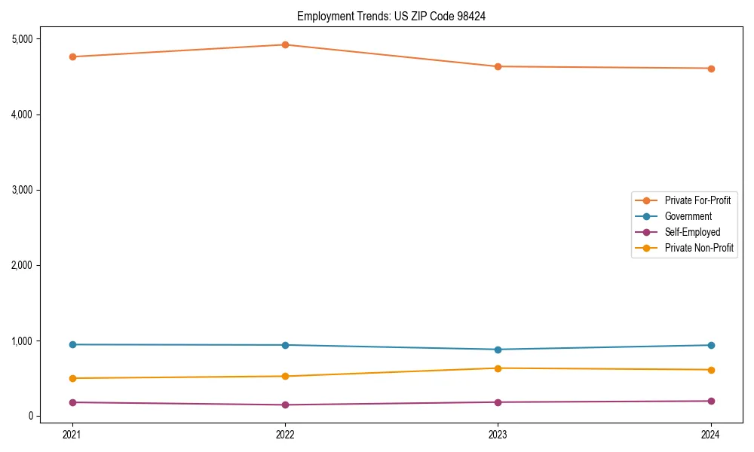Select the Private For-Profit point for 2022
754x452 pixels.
(285, 44)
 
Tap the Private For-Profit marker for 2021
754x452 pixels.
(72, 56)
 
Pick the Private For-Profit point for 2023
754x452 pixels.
(498, 66)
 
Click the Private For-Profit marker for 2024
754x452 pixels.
(711, 69)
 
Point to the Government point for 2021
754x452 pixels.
(72, 344)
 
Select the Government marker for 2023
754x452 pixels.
(498, 350)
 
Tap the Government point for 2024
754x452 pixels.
(711, 345)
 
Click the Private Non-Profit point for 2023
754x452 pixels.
(498, 368)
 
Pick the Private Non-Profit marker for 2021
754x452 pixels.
(72, 378)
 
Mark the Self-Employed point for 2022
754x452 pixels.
(285, 405)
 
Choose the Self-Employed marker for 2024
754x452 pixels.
(711, 401)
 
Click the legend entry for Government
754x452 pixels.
(688, 216)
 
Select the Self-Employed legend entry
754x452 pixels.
(692, 232)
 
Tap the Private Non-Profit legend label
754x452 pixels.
(699, 248)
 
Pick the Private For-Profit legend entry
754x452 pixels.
(697, 200)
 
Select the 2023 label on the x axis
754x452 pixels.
(498, 435)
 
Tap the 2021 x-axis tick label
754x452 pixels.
(72, 435)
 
